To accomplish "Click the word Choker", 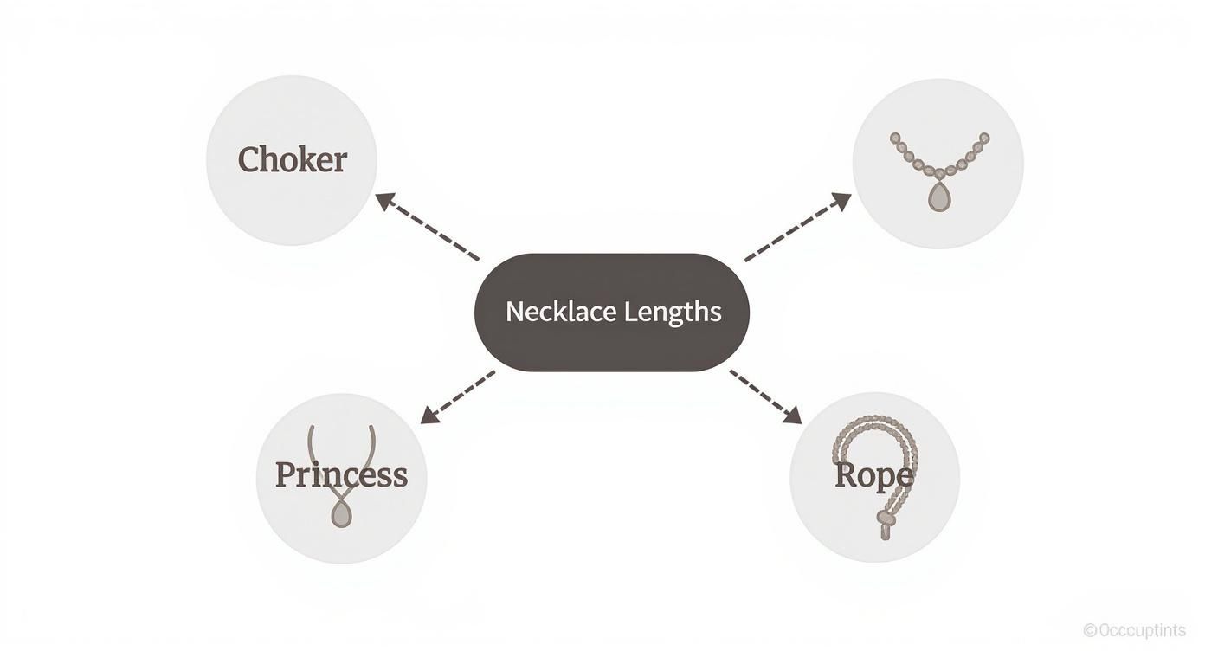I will (x=293, y=160).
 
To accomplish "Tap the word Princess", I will (x=341, y=475).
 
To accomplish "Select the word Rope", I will (x=873, y=475).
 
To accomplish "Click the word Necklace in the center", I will (x=554, y=312).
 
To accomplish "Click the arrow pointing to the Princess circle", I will (x=458, y=396).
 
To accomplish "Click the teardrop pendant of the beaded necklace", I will (x=938, y=197).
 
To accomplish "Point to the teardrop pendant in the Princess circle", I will (x=342, y=515).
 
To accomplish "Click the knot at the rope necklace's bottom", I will (x=886, y=520).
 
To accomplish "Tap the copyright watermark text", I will (x=1134, y=630).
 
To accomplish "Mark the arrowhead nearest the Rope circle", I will (x=791, y=415).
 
